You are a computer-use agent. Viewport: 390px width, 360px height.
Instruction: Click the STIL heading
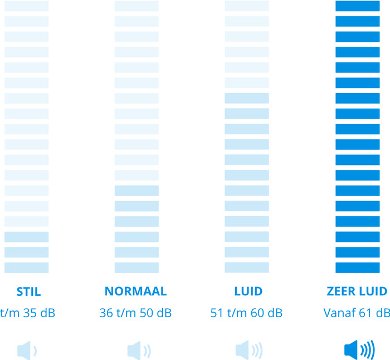pos(29,291)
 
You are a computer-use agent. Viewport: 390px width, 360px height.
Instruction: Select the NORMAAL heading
pos(136,291)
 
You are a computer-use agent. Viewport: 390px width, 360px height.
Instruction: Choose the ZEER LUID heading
pos(357,291)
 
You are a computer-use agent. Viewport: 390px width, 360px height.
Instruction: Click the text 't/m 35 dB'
pos(28,313)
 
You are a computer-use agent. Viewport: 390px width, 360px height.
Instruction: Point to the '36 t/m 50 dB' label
pos(135,313)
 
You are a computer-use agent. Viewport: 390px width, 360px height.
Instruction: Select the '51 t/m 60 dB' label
pos(247,313)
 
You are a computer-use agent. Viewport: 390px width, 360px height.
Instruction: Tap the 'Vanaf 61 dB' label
pos(357,313)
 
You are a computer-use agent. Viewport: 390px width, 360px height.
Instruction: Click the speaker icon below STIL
pos(27,351)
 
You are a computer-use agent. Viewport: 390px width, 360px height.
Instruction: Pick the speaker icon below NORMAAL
pos(138,351)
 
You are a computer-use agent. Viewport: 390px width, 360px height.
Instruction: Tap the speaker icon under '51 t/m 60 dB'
pos(248,351)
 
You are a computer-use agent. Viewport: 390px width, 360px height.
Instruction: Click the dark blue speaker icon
pos(359,351)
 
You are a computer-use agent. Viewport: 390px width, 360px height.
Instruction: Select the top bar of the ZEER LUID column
pos(357,6)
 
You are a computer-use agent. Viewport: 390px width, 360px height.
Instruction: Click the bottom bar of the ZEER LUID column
pos(357,267)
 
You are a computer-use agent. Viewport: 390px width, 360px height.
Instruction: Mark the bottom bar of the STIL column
pos(26,267)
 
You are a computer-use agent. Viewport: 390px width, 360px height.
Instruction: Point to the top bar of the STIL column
pos(26,6)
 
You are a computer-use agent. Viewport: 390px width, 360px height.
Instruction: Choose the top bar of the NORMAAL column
pos(136,6)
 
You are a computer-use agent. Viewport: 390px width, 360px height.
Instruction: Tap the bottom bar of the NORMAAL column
pos(136,267)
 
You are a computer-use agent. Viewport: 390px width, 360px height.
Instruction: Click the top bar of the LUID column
pos(247,6)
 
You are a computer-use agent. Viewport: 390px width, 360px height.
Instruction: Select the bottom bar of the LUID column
pos(247,267)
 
